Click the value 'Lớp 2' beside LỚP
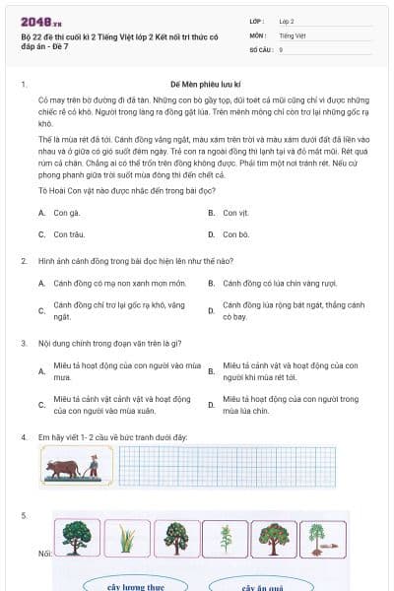(287, 20)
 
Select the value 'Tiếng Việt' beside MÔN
(291, 34)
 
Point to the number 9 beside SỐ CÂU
(281, 48)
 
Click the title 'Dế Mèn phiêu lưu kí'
(197, 86)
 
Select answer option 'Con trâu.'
(69, 234)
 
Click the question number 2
(23, 261)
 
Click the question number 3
(23, 343)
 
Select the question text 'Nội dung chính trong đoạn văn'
(108, 343)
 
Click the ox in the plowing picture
(64, 466)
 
